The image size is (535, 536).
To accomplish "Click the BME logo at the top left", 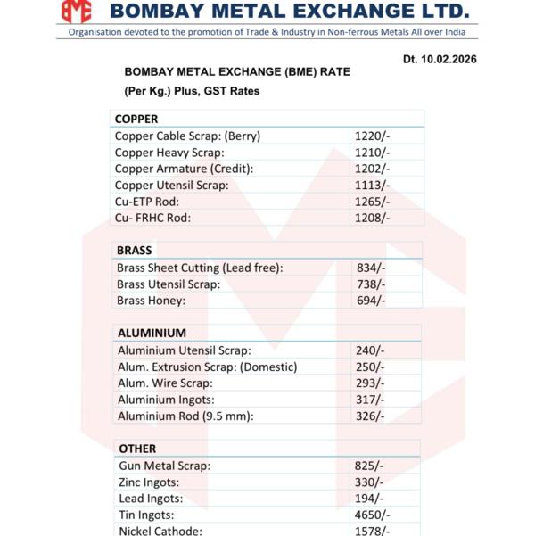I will click(x=77, y=12).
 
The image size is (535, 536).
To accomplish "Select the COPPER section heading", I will click(x=136, y=119).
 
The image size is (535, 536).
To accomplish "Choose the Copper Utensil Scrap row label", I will click(x=172, y=185).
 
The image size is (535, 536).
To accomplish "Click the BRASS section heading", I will click(x=135, y=251).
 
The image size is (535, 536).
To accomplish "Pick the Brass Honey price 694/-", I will click(x=371, y=301).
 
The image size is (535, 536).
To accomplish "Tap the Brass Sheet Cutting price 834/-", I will click(x=371, y=268).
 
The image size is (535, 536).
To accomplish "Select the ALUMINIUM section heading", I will click(x=152, y=333).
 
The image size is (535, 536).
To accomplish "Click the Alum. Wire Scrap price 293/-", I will click(x=370, y=383).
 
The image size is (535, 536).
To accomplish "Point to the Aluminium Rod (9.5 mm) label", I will click(x=185, y=416).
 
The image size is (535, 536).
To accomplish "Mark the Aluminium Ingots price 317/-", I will click(x=370, y=400).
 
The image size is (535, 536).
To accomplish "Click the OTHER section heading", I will click(x=137, y=449).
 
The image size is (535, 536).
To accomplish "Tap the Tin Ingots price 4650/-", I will click(x=373, y=515).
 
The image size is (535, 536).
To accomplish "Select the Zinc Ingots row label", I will click(x=149, y=482).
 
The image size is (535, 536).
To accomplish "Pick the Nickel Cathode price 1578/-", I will click(x=373, y=531).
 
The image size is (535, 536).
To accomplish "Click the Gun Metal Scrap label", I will click(x=164, y=466).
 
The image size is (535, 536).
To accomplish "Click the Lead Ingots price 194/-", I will click(x=370, y=499).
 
